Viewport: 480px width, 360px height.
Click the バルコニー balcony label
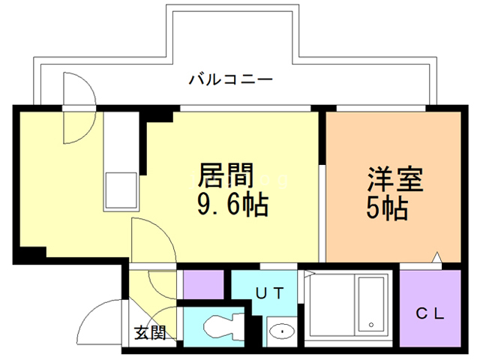click(229, 78)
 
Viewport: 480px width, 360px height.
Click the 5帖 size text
click(387, 207)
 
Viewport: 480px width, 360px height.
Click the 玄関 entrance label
click(150, 332)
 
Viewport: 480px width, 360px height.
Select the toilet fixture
click(223, 328)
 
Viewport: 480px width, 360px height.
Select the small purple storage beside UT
click(204, 284)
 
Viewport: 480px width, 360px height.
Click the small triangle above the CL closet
click(436, 259)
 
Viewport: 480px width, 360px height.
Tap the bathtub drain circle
click(370, 325)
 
